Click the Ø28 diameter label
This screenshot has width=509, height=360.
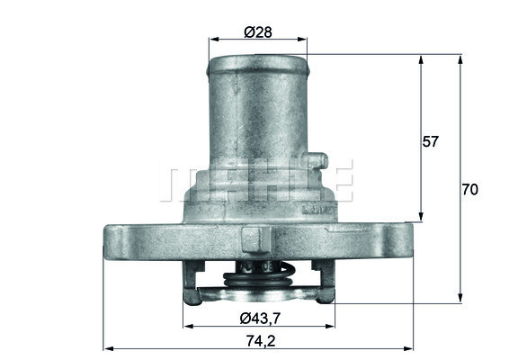[258, 32]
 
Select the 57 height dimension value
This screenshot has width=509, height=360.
[431, 141]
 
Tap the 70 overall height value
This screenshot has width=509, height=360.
[469, 190]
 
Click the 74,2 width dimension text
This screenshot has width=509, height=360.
[258, 340]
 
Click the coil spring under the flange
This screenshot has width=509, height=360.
[258, 278]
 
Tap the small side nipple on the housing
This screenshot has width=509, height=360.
[314, 163]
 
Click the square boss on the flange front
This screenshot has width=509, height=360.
[254, 239]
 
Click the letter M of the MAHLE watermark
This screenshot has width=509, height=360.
[178, 181]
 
